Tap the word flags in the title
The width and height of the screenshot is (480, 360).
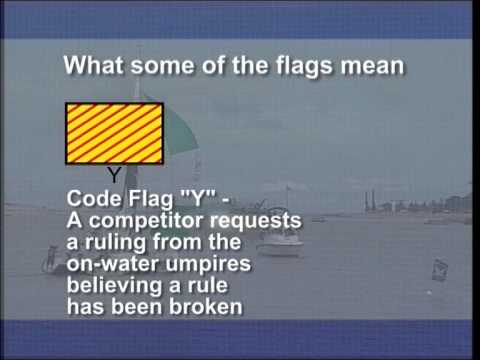310,66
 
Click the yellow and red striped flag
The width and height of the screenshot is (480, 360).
115,133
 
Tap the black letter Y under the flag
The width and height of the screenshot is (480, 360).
115,175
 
